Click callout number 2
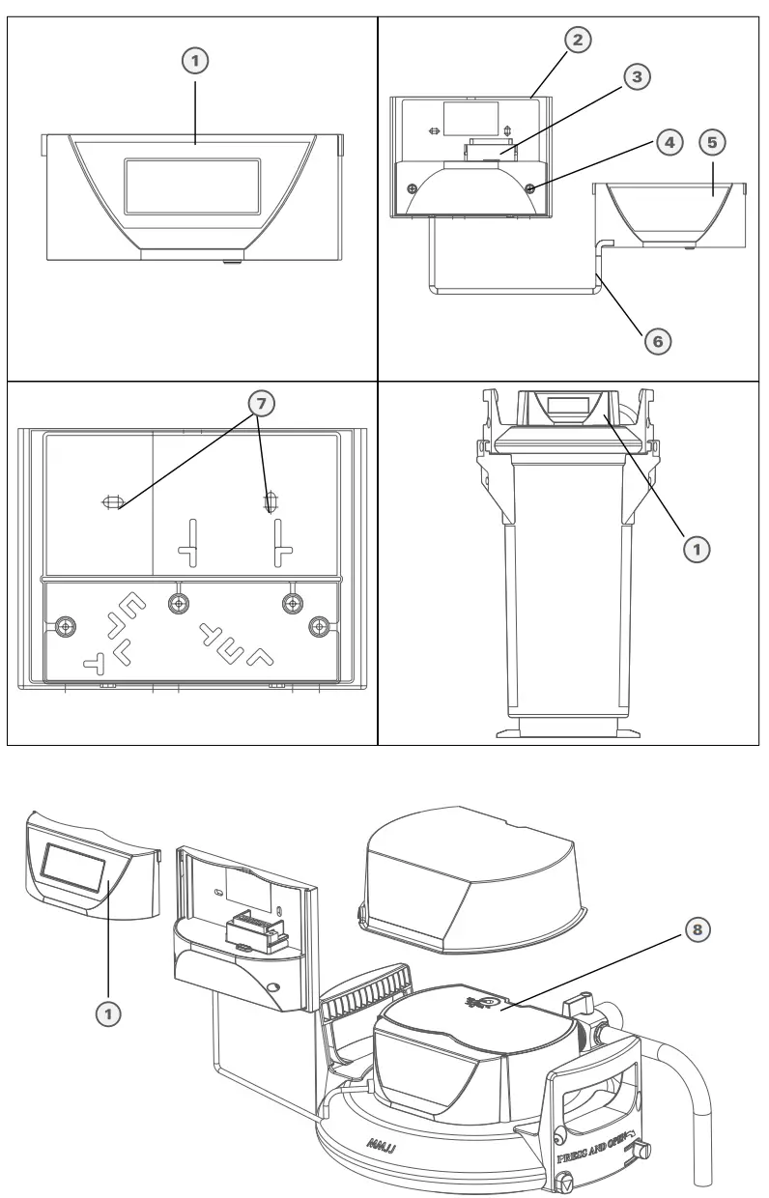(x=577, y=40)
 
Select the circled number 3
(x=635, y=76)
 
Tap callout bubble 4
(x=667, y=141)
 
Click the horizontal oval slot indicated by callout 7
(x=113, y=501)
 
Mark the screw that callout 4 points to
(x=531, y=189)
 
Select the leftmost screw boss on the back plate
(x=65, y=625)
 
